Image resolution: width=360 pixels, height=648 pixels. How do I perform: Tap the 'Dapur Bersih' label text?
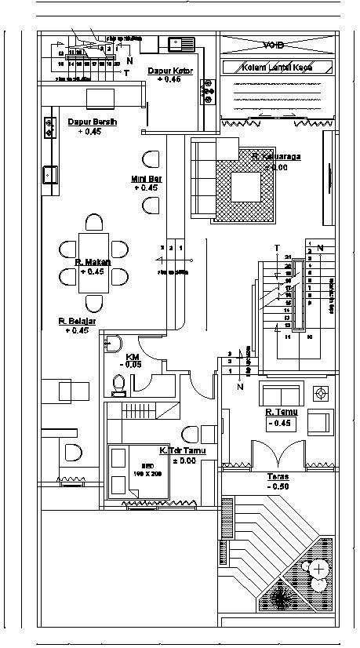coord(92,122)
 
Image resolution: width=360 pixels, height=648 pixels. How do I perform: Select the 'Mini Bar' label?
coord(145,179)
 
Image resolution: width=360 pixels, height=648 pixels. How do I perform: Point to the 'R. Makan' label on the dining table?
coord(93,262)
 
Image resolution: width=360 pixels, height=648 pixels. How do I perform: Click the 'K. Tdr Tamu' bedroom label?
coord(179,450)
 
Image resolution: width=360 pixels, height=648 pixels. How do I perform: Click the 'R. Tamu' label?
coord(279,412)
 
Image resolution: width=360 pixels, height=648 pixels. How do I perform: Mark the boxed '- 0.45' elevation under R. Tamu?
coord(279,424)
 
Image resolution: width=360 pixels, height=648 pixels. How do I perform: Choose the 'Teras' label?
coord(278,476)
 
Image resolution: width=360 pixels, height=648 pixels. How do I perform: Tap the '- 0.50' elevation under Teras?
coord(278,486)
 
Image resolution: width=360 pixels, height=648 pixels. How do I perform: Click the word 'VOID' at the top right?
coord(275,45)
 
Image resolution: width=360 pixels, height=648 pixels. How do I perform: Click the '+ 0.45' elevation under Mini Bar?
coord(145,188)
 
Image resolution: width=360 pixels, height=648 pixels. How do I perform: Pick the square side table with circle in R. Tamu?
coord(320,392)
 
